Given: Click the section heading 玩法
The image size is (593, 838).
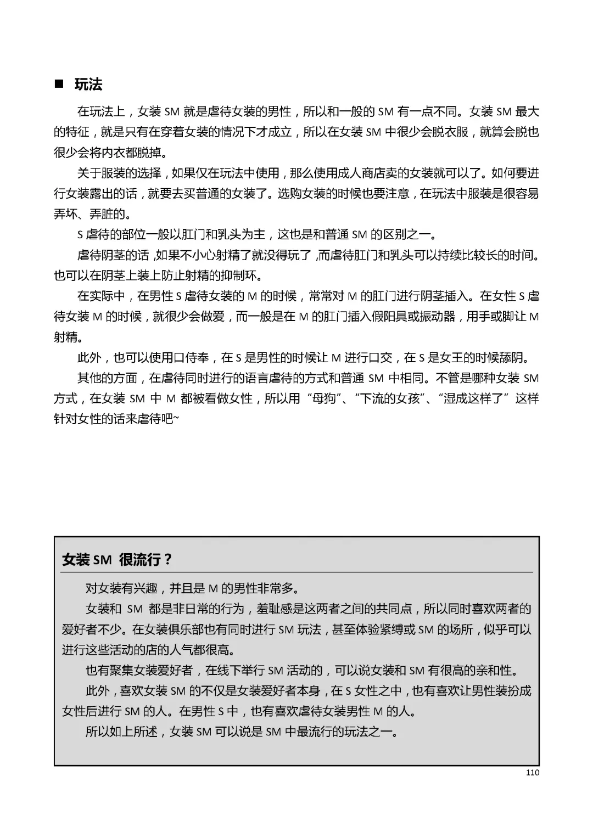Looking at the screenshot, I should (x=88, y=85).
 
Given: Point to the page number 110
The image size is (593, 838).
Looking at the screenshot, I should (x=532, y=773).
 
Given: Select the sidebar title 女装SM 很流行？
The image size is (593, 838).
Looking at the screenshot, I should (x=117, y=560).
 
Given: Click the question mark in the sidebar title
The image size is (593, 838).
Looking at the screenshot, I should (x=168, y=560).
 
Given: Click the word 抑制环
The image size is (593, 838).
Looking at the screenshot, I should (x=253, y=275).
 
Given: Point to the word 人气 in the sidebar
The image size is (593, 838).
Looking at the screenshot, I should (x=165, y=650).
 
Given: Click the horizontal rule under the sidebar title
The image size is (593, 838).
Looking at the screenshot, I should (x=296, y=572).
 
